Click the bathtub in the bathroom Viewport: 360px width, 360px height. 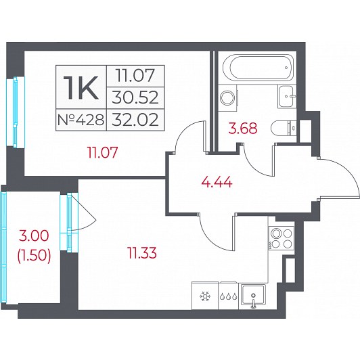pos(258,68)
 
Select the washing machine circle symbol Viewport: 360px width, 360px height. pos(227,98)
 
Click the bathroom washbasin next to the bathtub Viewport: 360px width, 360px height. pos(287,96)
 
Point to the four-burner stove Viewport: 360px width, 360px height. pos(282,238)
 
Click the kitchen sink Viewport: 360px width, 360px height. pos(252,296)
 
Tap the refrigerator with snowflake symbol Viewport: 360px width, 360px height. pos(205,296)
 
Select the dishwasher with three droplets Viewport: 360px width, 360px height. pos(229,296)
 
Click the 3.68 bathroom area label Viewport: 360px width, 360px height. pos(243,129)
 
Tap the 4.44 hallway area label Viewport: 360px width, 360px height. pos(217,183)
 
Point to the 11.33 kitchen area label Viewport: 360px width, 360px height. pos(142,253)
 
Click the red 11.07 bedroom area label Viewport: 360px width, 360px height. pos(102,152)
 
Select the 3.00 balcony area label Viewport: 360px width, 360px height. pos(34,235)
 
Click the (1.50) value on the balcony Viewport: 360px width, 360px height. pos(34,255)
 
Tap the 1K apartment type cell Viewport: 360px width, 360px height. pos(81,87)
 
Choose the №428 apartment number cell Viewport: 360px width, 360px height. pos(81,120)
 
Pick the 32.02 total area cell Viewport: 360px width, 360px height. pos(135,120)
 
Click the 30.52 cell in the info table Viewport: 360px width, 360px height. pos(135,98)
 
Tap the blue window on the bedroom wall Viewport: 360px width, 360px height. pos(15,112)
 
